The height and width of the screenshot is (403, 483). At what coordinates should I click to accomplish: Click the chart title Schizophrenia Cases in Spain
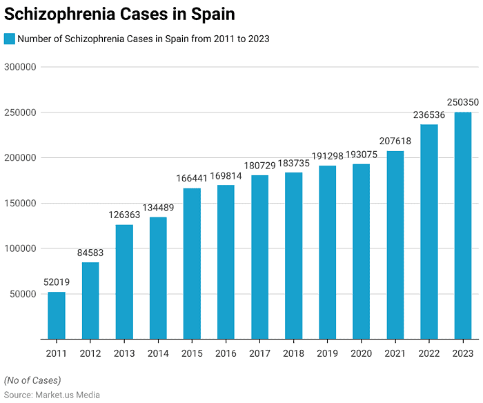pos(119,14)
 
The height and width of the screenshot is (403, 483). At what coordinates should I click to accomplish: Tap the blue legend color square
pos(10,39)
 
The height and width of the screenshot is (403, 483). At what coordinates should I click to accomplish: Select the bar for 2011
pos(57,315)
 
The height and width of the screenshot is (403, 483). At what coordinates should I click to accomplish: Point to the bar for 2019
pos(328,253)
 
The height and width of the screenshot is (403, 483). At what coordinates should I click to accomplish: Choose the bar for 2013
pos(124,282)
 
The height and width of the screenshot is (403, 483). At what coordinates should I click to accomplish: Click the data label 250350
pos(463,102)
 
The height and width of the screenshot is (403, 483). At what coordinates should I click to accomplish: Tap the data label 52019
pos(57,282)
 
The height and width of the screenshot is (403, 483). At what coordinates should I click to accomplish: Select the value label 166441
pos(192,178)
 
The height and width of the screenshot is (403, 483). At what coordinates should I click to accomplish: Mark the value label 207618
pos(395,141)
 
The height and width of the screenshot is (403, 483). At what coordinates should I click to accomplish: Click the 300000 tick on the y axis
pos(20,67)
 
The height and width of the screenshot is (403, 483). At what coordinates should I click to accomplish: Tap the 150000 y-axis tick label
pos(20,203)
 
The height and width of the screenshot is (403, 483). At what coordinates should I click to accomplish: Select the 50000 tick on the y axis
pos(23,294)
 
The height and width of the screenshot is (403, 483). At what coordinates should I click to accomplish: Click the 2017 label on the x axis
pos(260,353)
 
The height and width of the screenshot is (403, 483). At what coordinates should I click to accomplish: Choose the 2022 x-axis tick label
pos(429,353)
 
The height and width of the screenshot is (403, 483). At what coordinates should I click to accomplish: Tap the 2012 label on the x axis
pos(90,353)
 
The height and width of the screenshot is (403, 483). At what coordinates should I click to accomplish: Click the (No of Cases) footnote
pos(32,380)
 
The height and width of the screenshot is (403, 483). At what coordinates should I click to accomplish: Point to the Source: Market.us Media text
pos(52,395)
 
